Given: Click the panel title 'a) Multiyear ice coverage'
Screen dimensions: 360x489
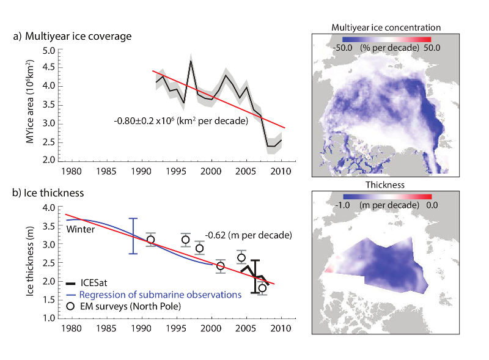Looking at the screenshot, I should coord(72,37).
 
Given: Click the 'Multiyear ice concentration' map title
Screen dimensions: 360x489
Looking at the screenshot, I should coord(386,28).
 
